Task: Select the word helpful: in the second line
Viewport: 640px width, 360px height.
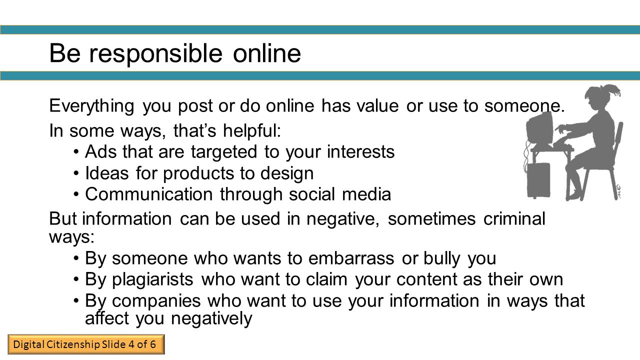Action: click(252, 131)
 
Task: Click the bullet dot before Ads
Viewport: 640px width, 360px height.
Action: click(75, 151)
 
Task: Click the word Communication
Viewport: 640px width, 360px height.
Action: click(149, 194)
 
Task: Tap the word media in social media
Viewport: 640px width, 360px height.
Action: click(366, 194)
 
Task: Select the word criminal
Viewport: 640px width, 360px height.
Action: click(514, 219)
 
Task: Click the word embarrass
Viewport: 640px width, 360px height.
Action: click(351, 258)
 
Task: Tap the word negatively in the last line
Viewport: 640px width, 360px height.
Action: click(211, 319)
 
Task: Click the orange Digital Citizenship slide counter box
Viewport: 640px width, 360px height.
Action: click(86, 344)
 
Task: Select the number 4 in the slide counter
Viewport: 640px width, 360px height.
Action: click(131, 344)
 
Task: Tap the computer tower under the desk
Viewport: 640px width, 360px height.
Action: click(538, 180)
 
